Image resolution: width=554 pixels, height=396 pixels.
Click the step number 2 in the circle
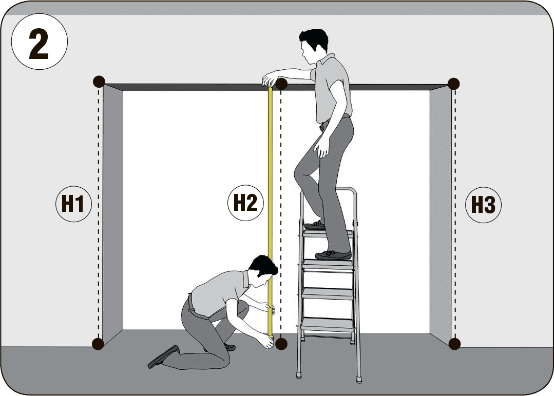[39, 45]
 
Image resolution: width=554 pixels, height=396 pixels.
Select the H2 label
[245, 203]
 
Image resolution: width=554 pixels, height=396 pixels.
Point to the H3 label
[483, 205]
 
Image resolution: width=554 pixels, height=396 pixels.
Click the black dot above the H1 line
[99, 82]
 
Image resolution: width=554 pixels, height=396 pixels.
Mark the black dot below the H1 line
[98, 343]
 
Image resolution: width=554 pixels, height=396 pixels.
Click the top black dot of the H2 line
[281, 84]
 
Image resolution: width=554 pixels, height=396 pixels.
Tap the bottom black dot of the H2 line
[281, 344]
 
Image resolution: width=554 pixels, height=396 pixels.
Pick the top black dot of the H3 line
[453, 84]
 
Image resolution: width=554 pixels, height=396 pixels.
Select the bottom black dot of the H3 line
[454, 343]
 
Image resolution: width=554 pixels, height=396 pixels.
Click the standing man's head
[313, 45]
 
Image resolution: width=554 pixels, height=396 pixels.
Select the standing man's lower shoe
[333, 255]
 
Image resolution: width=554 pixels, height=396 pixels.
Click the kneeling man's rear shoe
[163, 357]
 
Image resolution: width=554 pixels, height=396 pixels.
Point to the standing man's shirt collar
[327, 59]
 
